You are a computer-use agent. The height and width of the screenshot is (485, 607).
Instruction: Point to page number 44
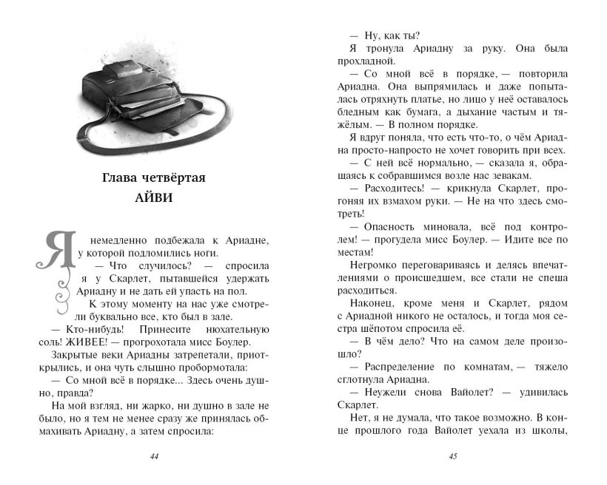(x=154, y=455)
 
